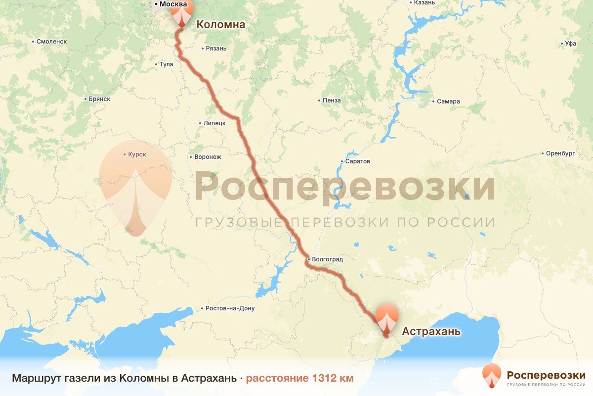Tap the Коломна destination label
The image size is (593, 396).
click(221, 24)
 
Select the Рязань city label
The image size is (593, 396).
click(215, 49)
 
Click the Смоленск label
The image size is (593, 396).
click(51, 42)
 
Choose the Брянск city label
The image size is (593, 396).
click(99, 99)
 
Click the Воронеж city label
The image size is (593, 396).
click(208, 157)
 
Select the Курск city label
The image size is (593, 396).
click(137, 154)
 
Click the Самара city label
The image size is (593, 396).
click(448, 101)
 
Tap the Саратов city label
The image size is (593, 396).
click(358, 161)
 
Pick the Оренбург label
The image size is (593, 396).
click(560, 153)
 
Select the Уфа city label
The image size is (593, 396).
click(571, 44)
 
